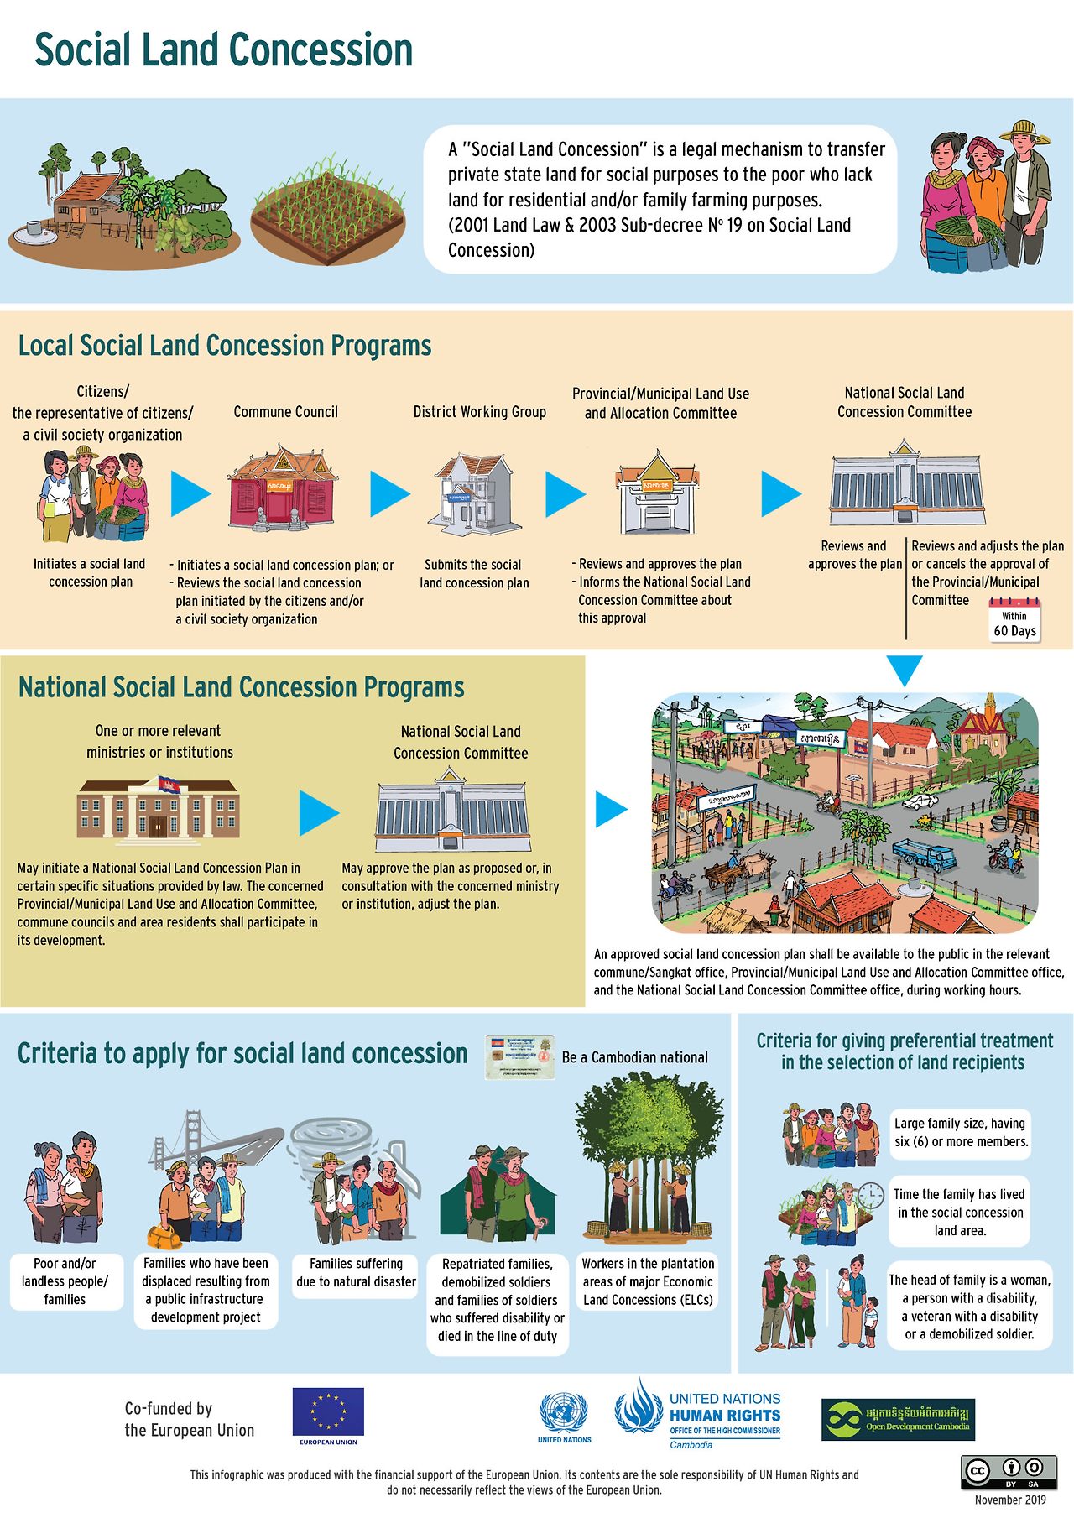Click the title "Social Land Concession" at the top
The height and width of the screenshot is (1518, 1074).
(223, 50)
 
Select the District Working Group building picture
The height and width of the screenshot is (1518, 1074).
(475, 494)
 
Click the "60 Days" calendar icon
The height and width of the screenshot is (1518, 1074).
(1014, 621)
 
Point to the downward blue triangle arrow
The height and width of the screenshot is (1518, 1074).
(905, 670)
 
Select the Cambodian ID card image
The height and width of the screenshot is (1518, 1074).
(520, 1056)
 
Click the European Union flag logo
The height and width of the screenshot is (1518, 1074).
(328, 1414)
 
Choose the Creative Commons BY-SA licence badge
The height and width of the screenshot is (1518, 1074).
(1010, 1473)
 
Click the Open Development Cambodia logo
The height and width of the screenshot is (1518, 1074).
(898, 1419)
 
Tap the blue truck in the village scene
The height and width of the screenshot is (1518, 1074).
(924, 854)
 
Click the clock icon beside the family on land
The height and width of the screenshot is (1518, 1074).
(872, 1193)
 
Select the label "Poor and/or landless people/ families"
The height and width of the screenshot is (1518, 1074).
(65, 1281)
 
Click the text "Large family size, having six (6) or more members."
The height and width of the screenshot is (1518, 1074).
(961, 1132)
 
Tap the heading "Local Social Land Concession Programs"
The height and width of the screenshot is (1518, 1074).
(225, 346)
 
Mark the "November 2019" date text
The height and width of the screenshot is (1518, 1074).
(1010, 1500)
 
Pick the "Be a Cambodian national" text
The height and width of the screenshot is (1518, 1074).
(634, 1057)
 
